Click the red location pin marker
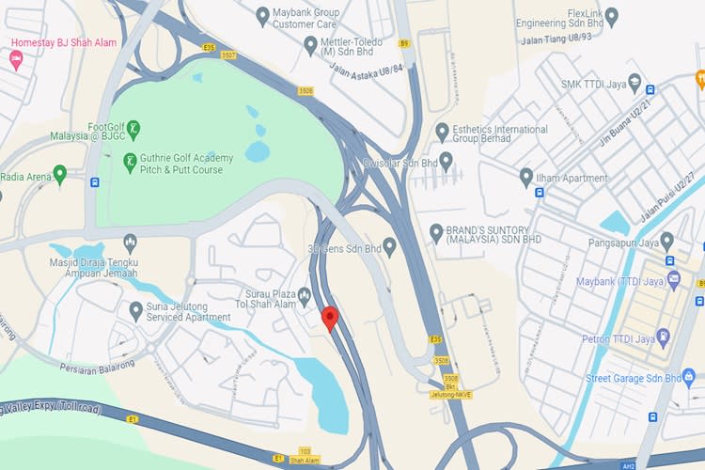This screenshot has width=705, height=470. coord(329,318)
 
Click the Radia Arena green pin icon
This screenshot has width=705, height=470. coord(60,173)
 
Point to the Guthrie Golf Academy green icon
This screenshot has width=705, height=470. coord(131,163)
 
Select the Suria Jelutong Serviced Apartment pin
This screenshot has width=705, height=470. coord(136,307)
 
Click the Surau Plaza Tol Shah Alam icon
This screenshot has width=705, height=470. coord(304,295)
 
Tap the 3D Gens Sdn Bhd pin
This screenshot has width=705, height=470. coord(390,245)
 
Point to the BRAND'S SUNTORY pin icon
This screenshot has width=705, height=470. coord(436,231)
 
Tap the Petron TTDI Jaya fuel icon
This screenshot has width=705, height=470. coord(665,334)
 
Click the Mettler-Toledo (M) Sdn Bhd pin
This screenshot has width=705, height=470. coord(310,44)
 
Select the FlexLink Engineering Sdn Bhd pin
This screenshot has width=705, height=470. coord(612,15)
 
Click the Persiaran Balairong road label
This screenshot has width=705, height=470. coord(98,365)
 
